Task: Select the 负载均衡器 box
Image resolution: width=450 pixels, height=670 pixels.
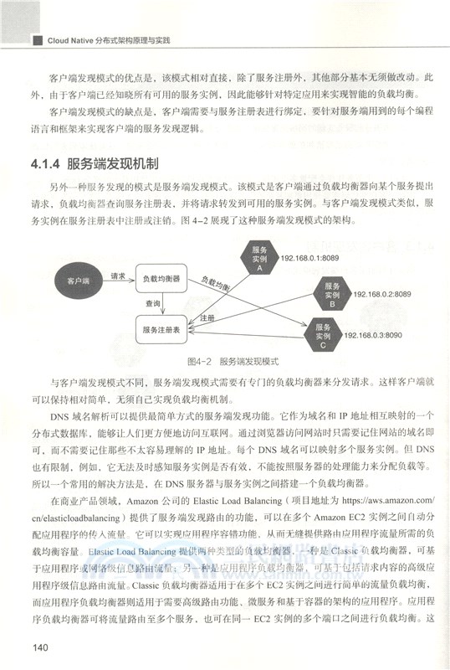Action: click(x=162, y=278)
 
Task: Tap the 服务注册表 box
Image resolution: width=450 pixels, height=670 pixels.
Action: click(x=164, y=329)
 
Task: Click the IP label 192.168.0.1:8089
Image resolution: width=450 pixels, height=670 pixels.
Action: click(x=312, y=260)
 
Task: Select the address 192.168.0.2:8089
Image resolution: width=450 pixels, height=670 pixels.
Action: click(x=381, y=293)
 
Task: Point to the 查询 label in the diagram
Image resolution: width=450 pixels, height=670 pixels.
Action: click(x=152, y=304)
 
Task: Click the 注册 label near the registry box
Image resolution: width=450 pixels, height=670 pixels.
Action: click(x=209, y=319)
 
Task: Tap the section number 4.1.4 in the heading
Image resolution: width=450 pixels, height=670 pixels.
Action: click(x=44, y=163)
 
